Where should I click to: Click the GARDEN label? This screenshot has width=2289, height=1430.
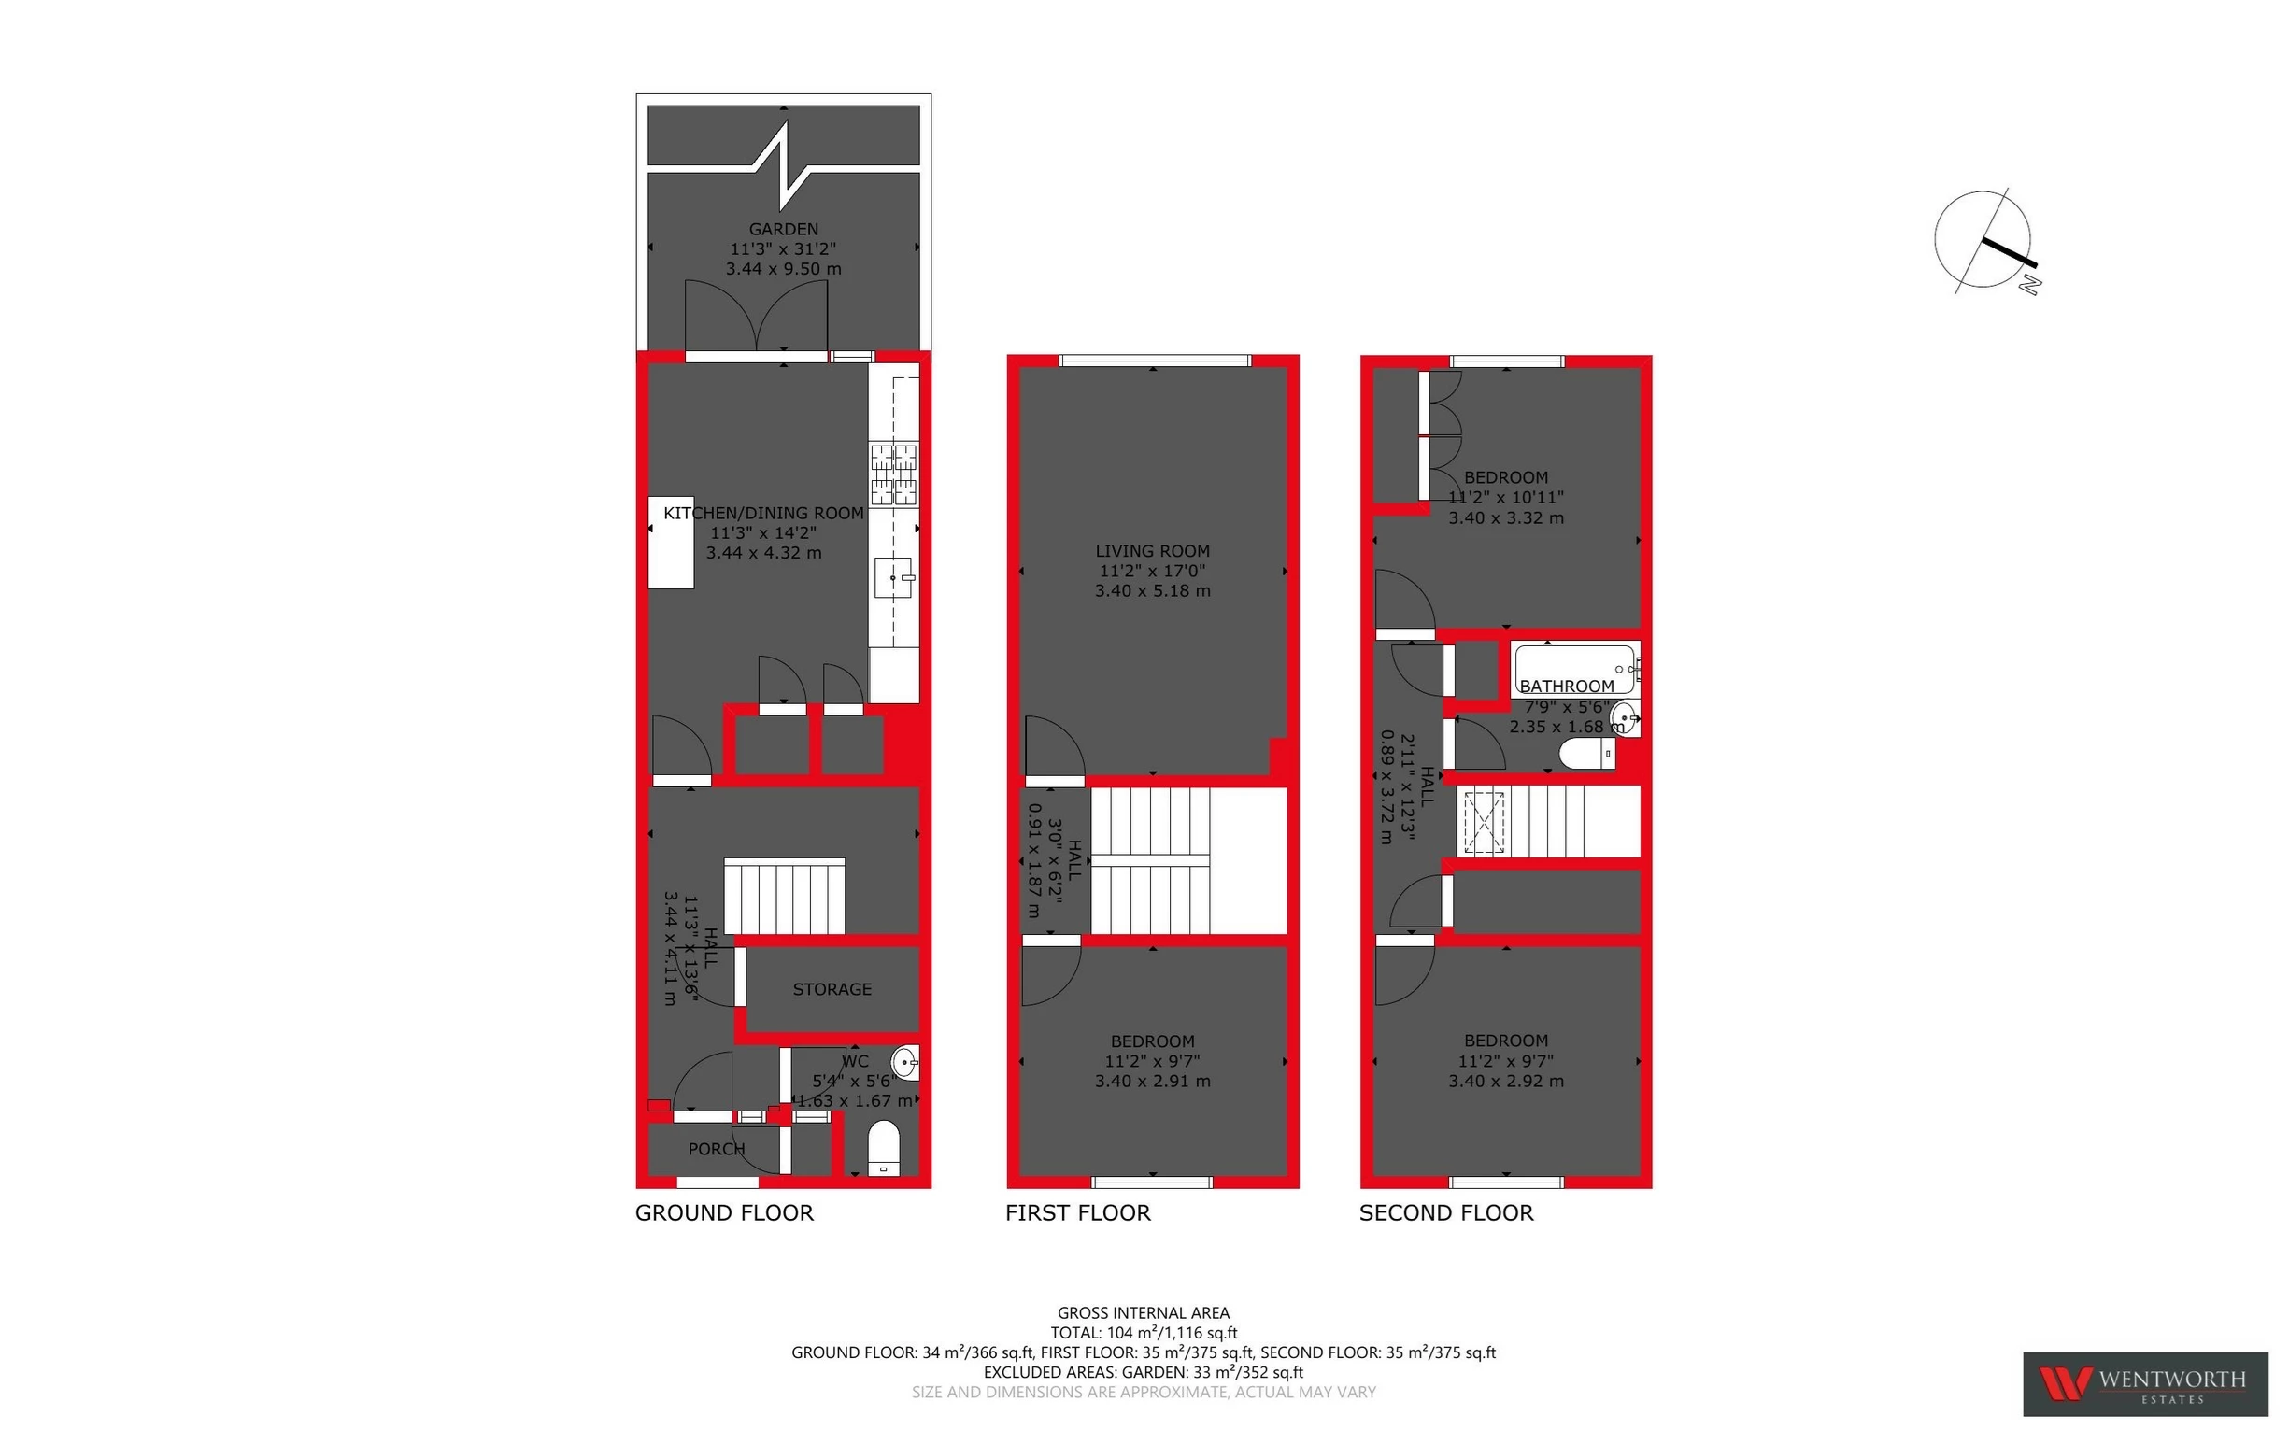[x=783, y=229]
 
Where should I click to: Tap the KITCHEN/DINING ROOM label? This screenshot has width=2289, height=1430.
[x=763, y=514]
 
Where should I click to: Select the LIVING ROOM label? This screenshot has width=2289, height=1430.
[x=1152, y=550]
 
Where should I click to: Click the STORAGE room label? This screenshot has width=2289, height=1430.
[x=832, y=989]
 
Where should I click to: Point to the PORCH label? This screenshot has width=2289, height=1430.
[x=716, y=1149]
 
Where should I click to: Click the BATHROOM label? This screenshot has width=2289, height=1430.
[x=1567, y=687]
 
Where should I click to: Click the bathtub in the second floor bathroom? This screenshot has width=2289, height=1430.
[x=1573, y=669]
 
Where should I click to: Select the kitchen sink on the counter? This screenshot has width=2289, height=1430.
[x=893, y=578]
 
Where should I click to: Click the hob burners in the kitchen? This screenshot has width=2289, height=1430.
[x=894, y=474]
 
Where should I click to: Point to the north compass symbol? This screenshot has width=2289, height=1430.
[x=1983, y=241]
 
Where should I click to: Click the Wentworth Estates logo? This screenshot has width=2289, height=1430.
[x=2144, y=1383]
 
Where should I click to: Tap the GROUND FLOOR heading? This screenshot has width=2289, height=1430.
[x=723, y=1213]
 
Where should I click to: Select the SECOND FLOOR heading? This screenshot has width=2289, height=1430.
[x=1445, y=1213]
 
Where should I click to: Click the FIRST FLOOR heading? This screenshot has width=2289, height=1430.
[x=1077, y=1213]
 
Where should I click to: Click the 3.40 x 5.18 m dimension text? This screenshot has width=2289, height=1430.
[x=1152, y=591]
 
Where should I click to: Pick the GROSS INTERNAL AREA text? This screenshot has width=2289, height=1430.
[x=1143, y=1312]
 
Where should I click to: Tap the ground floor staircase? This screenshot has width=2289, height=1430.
[x=784, y=897]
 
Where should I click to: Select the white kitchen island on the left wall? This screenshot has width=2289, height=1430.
[x=671, y=543]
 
